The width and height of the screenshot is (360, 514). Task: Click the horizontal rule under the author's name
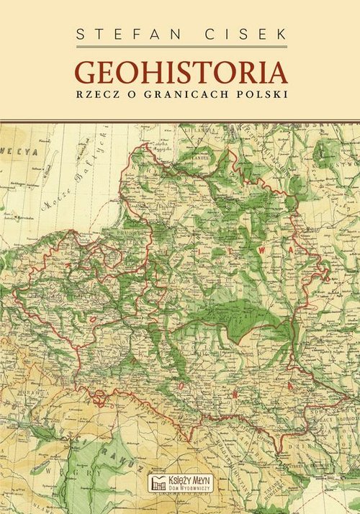[x=180, y=48]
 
